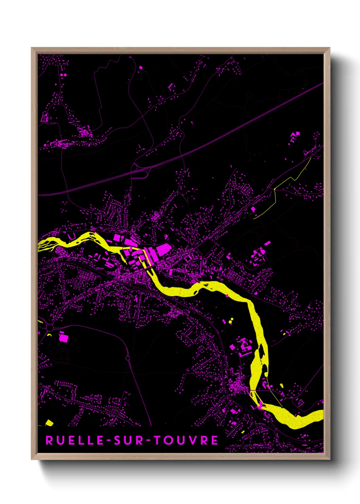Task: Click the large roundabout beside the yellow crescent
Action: pyautogui.click(x=50, y=328)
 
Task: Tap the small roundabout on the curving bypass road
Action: pyautogui.click(x=128, y=358)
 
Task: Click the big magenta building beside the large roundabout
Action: pyautogui.click(x=64, y=337)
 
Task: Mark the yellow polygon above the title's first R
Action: pyautogui.click(x=49, y=423)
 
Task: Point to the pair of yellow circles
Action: pyautogui.click(x=231, y=320)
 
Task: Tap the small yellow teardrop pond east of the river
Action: pyautogui.click(x=281, y=385)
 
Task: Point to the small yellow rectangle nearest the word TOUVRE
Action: pyautogui.click(x=243, y=432)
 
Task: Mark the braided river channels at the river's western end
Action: pyautogui.click(x=46, y=245)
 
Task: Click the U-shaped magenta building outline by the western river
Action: pyautogui.click(x=72, y=236)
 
